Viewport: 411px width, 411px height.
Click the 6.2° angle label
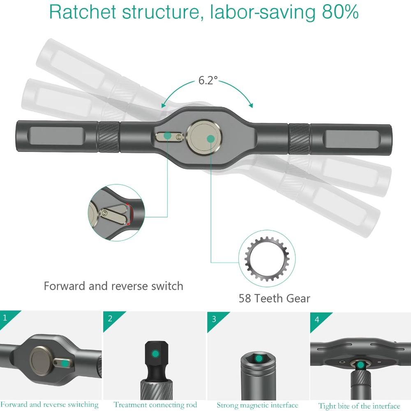(208, 80)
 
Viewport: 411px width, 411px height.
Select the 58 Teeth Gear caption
(274, 298)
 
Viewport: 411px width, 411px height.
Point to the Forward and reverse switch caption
(113, 286)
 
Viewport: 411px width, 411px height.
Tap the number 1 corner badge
(5, 318)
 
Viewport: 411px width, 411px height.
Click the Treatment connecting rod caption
(155, 405)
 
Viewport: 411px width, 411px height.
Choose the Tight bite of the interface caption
(359, 406)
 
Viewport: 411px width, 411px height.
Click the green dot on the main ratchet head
(210, 139)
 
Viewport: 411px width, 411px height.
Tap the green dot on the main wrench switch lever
(167, 135)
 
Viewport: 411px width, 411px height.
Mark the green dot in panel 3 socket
(259, 359)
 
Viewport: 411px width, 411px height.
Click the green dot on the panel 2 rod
(155, 353)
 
